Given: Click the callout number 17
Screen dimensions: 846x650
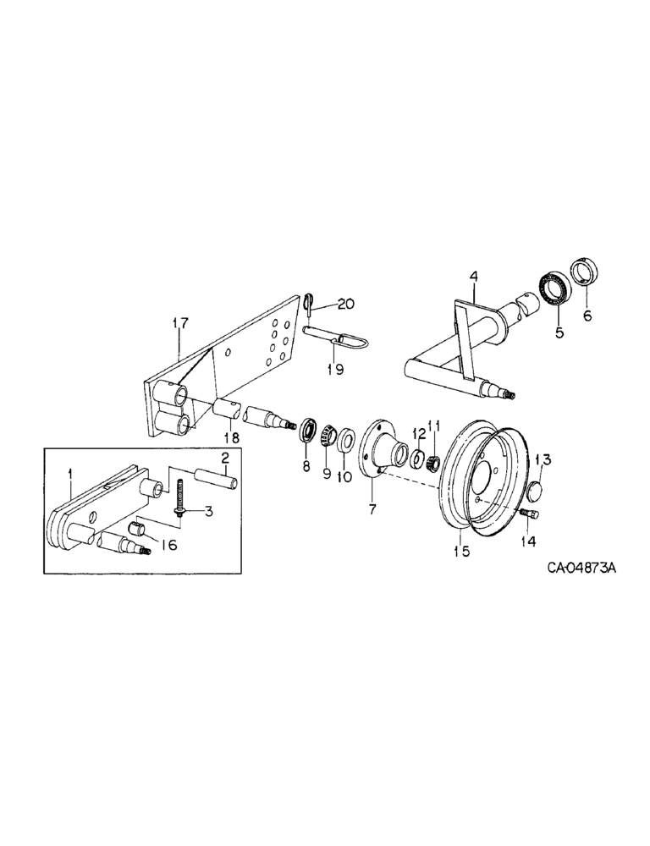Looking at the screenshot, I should point(179,322).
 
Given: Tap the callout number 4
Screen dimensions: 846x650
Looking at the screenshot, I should point(473,276).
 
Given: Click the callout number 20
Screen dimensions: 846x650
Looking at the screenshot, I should point(347,305).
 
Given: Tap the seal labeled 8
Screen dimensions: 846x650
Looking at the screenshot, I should point(306,428).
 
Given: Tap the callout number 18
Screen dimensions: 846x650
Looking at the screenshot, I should point(230,437).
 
